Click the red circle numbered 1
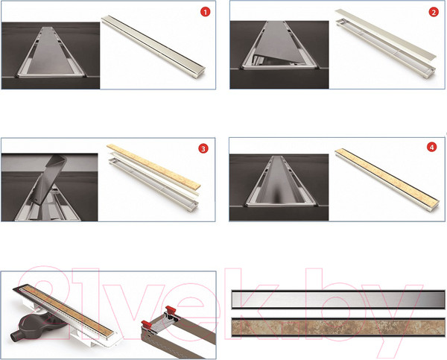pos(205,12)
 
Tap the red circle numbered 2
pos(434,12)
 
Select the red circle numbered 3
pos(203,148)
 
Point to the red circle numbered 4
pos(431,147)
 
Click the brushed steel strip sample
pos(338,300)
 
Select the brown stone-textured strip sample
pos(338,328)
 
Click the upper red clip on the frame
pos(171,309)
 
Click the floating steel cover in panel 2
pos(385,34)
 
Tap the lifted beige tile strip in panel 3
pos(153,166)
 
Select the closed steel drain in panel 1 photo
pos(51,52)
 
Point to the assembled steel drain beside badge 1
pos(153,45)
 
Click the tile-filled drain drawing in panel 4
pos(387,179)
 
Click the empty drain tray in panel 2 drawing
pos(385,48)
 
